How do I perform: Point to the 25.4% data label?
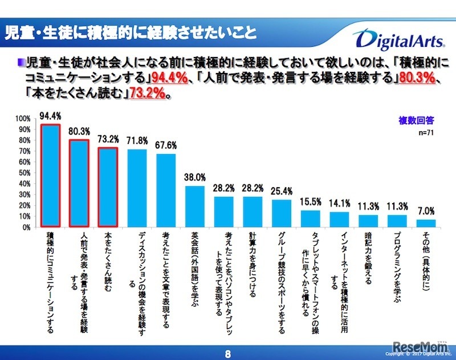(283, 190)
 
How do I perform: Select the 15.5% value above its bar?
(311, 201)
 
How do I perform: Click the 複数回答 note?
(416, 120)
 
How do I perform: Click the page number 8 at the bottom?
(228, 353)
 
